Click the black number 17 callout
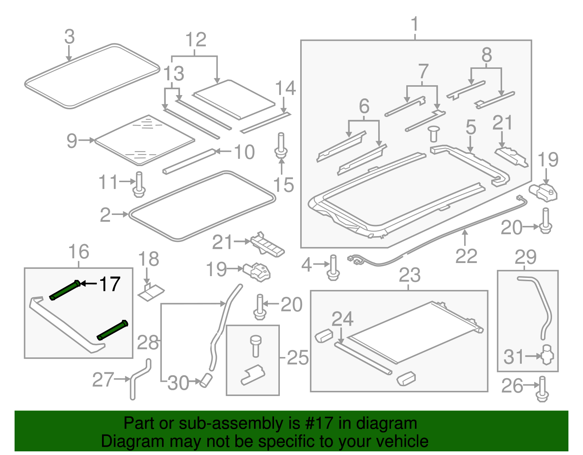(110, 284)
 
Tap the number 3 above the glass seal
(69, 37)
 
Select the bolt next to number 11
(139, 185)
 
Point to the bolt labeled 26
(542, 389)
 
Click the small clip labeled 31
(547, 355)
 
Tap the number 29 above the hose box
(525, 257)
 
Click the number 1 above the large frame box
(415, 25)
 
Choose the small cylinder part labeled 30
(206, 380)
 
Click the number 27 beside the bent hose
(103, 380)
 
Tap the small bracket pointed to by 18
(151, 293)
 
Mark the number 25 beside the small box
(298, 358)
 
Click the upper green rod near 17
(65, 291)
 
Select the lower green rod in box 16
(113, 330)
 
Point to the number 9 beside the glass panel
(72, 141)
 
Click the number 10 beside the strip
(244, 152)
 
